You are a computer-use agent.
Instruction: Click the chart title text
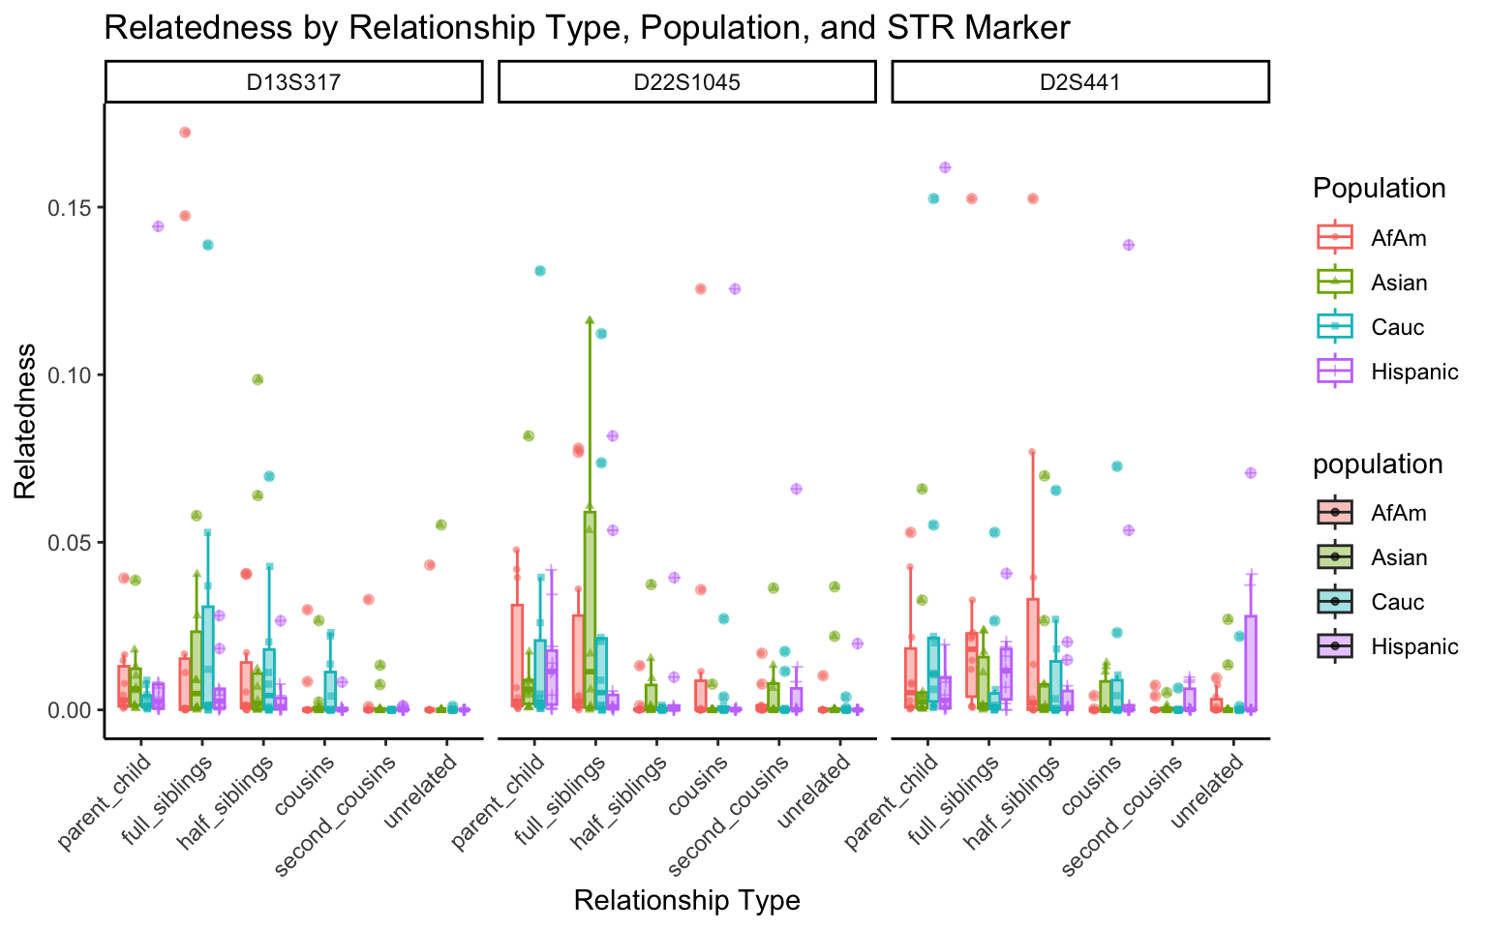587,27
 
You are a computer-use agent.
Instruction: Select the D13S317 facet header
293,82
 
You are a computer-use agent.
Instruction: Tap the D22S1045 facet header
687,82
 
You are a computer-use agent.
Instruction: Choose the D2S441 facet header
1079,82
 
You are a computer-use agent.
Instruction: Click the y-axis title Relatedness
25,421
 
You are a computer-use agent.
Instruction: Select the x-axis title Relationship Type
686,900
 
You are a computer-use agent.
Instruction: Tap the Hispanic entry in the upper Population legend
1413,372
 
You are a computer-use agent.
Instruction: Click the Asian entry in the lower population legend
1398,557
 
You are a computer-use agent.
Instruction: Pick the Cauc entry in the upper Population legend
1397,327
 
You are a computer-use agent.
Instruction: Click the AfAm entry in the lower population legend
1398,513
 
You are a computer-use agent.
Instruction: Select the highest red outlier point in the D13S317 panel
185,133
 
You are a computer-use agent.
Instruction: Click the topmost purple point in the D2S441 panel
945,167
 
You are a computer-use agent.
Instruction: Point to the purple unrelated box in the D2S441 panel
1251,662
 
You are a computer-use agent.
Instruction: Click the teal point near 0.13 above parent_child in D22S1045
540,271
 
